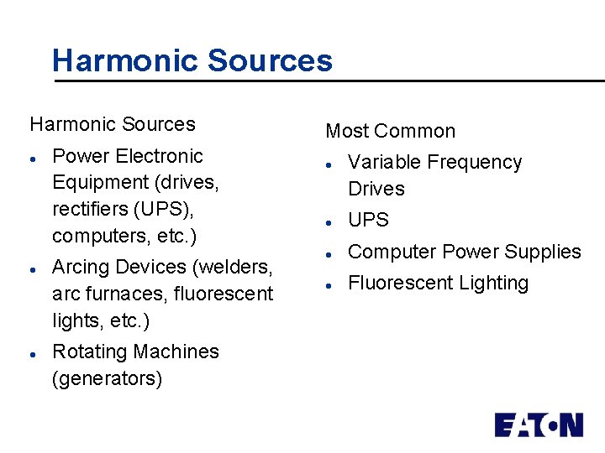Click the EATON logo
(538, 424)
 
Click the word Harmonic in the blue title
(124, 60)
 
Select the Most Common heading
(390, 131)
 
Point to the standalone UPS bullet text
(368, 220)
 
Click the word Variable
(383, 162)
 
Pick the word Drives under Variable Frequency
(376, 189)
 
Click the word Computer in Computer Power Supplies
(392, 252)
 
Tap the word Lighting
(493, 284)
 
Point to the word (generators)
(107, 378)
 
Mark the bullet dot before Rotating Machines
(31, 354)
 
